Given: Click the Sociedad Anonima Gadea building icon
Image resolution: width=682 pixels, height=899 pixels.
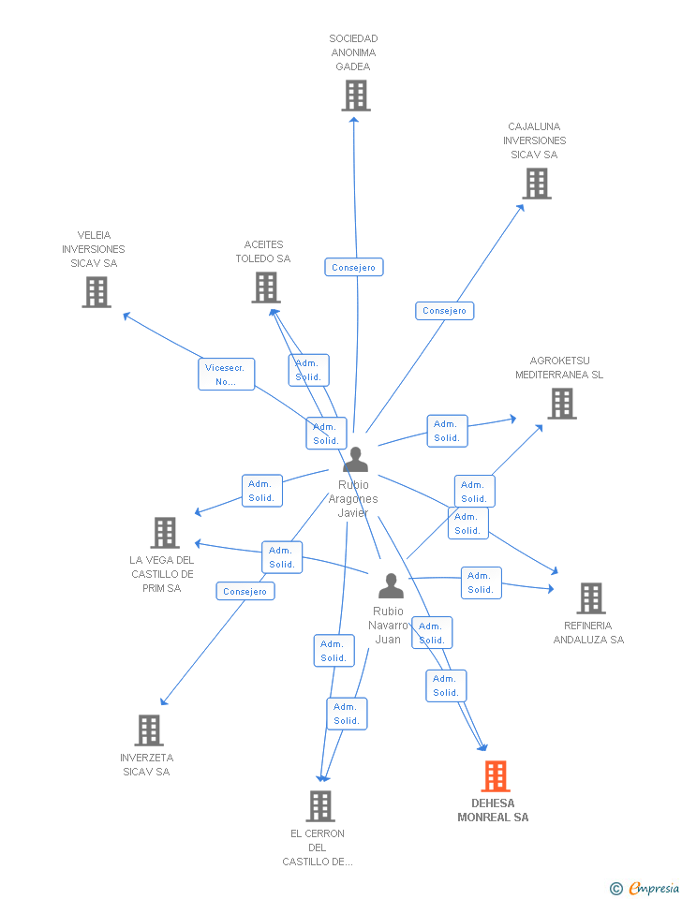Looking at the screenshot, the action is [356, 96].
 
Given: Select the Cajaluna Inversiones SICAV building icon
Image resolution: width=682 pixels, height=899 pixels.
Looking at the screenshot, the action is [537, 184].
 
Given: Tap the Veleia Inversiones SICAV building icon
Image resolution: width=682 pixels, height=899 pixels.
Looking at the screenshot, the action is [96, 292].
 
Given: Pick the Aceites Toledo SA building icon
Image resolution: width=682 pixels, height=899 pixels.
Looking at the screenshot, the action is [266, 287].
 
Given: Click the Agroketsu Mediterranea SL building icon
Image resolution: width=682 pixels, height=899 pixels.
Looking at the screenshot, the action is [561, 403].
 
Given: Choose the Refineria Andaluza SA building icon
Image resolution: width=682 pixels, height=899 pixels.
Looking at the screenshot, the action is [590, 597].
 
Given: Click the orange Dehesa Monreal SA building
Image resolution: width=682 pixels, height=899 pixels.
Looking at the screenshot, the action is [496, 776].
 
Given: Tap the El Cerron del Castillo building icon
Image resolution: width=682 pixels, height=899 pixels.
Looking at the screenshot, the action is [320, 805].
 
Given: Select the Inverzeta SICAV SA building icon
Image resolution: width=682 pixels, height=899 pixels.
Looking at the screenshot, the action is [149, 730].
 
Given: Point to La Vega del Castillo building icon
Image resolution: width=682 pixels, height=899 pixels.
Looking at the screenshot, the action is [165, 532].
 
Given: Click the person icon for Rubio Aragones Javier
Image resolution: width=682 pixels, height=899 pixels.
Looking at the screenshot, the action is [355, 460].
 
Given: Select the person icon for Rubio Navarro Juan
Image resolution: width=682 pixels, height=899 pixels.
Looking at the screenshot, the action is [391, 586].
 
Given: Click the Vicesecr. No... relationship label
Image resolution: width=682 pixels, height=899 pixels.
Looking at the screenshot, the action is [226, 375].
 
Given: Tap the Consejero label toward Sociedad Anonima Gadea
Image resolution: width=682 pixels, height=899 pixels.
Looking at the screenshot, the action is [354, 267].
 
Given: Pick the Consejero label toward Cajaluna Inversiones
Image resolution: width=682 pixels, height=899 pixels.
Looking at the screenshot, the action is [444, 310].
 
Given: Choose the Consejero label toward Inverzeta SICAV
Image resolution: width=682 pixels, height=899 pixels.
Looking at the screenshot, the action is [245, 591].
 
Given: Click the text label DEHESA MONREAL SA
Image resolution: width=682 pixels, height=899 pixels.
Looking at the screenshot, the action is [493, 810].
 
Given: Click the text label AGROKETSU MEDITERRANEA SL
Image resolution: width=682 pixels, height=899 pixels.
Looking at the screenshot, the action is [559, 368].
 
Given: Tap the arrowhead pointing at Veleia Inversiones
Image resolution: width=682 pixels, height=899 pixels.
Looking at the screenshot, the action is [126, 316].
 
